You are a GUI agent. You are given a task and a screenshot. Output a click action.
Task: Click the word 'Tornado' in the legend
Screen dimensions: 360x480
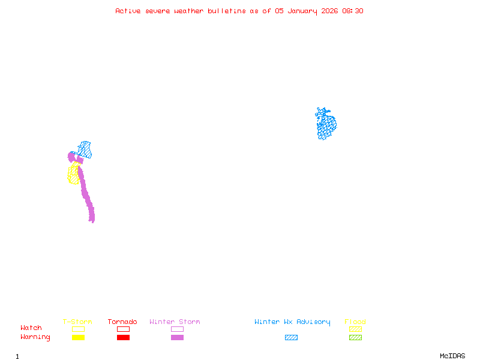[x=122, y=322]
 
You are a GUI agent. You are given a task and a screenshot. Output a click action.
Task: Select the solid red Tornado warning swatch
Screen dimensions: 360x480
[x=123, y=338]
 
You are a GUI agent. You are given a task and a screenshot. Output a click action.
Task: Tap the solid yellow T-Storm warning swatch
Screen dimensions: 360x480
[x=78, y=338]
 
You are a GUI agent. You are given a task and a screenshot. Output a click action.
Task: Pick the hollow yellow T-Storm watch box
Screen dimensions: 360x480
[x=78, y=329]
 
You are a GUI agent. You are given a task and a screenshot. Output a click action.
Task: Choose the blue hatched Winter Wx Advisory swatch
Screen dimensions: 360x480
[x=291, y=338]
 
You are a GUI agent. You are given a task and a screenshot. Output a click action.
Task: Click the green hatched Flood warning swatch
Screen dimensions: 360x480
[x=355, y=338]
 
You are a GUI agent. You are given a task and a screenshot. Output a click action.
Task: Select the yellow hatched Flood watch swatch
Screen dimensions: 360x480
[x=355, y=329]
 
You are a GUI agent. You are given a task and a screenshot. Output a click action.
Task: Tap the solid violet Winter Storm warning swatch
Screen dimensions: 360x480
[x=177, y=338]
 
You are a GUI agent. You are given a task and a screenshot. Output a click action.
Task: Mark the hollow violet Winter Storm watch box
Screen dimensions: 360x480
[x=177, y=329]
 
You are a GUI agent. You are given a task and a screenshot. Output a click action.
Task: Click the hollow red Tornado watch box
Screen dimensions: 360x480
[x=123, y=329]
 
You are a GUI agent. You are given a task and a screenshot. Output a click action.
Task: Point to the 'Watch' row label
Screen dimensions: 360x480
[x=31, y=328]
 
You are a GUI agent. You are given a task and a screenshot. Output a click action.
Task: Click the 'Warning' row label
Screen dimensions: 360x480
[x=35, y=337]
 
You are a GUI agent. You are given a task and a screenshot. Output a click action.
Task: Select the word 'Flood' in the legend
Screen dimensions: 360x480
[x=355, y=322]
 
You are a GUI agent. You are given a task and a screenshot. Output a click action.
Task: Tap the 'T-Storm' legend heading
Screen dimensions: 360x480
[x=77, y=322]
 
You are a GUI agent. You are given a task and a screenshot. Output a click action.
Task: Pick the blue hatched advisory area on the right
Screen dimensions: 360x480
[x=326, y=124]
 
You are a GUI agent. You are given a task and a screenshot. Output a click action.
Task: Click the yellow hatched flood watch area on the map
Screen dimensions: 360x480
[x=73, y=174]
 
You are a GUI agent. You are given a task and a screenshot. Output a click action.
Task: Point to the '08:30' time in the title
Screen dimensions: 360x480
[x=353, y=11]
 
